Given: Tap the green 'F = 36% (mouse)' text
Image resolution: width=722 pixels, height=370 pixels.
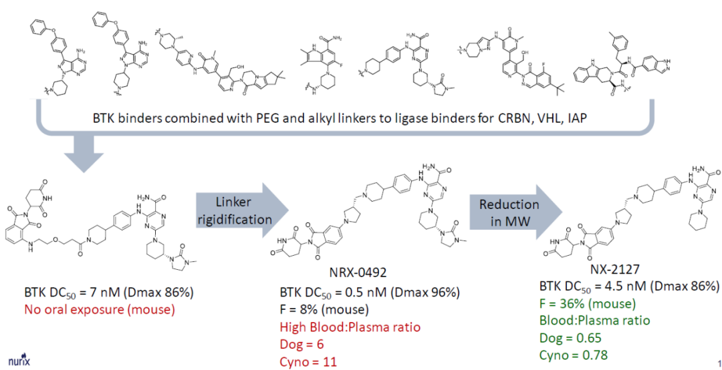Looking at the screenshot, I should [581, 304].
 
